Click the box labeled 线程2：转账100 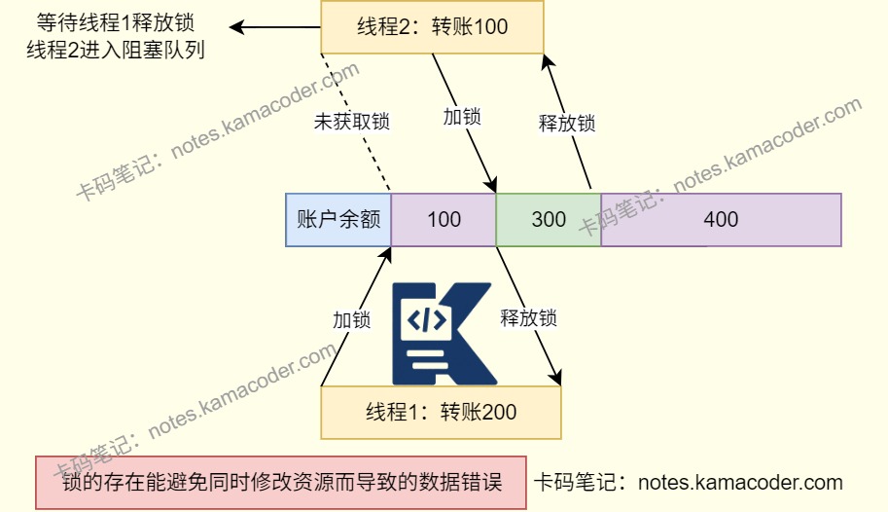click(432, 26)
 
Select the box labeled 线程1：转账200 click(441, 412)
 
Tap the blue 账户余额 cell click(337, 219)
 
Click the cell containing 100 click(444, 219)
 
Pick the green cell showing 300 click(549, 219)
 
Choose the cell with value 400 click(721, 219)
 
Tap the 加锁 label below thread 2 click(462, 116)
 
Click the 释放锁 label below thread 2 click(566, 124)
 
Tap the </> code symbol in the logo click(428, 318)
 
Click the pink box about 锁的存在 click(280, 483)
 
